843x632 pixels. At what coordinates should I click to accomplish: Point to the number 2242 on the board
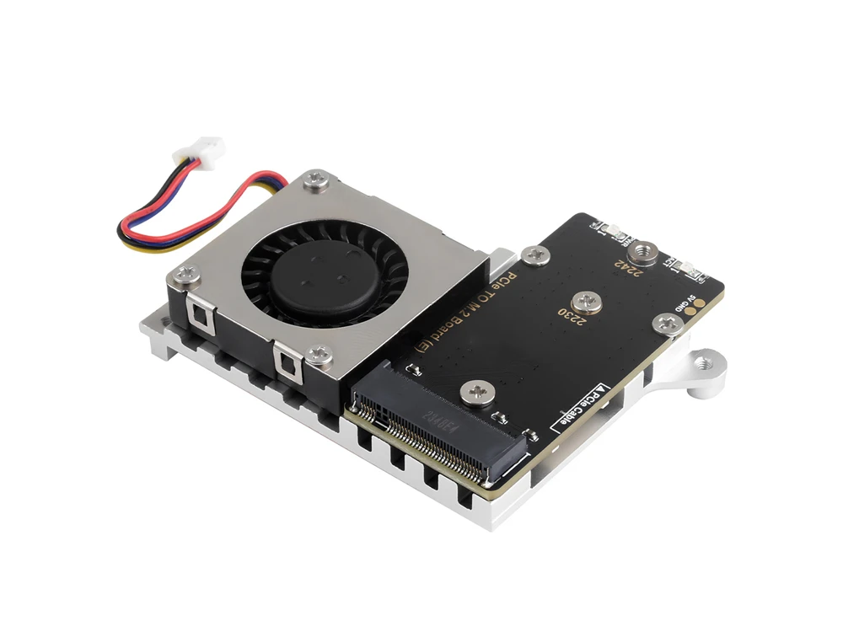(627, 269)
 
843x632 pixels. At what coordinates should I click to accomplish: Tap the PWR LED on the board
(608, 228)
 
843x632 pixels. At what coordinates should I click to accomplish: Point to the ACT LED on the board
(685, 269)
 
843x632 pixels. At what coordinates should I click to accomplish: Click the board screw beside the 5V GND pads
(666, 321)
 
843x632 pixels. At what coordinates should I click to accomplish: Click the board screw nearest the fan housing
(533, 255)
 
